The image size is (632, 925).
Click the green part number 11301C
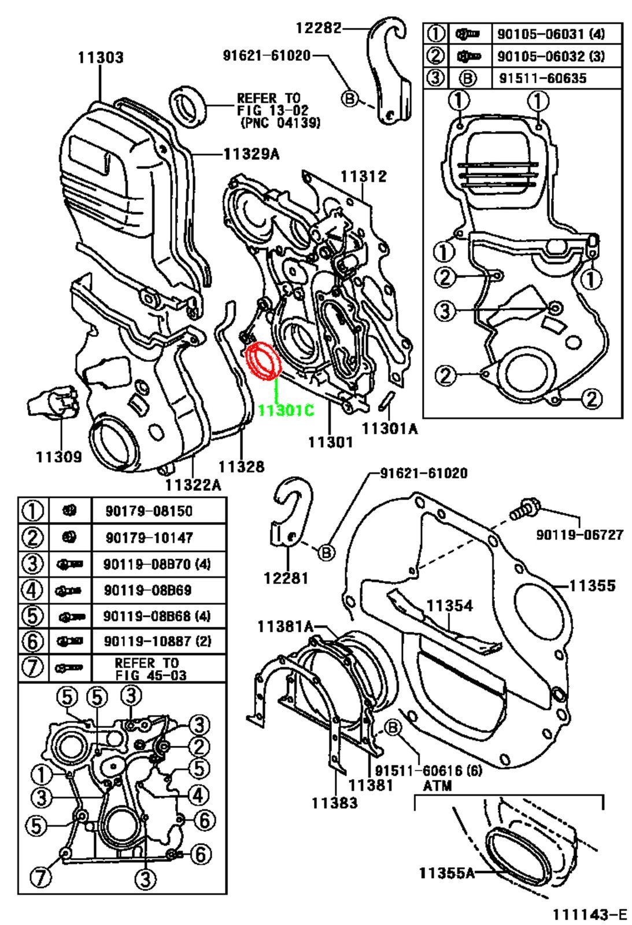[x=286, y=410]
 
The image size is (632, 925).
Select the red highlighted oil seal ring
[x=263, y=363]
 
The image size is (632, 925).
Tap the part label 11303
[x=101, y=57]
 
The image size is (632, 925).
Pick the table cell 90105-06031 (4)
[x=550, y=34]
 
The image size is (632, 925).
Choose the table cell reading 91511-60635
[x=541, y=77]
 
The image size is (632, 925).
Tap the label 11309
[x=58, y=457]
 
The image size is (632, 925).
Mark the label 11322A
[x=193, y=484]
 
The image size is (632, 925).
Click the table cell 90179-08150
[x=149, y=511]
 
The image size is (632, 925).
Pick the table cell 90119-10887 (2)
[x=157, y=641]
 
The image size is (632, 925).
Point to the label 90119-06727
[x=580, y=535]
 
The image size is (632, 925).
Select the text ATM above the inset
[x=437, y=786]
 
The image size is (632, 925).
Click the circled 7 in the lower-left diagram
[x=40, y=878]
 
